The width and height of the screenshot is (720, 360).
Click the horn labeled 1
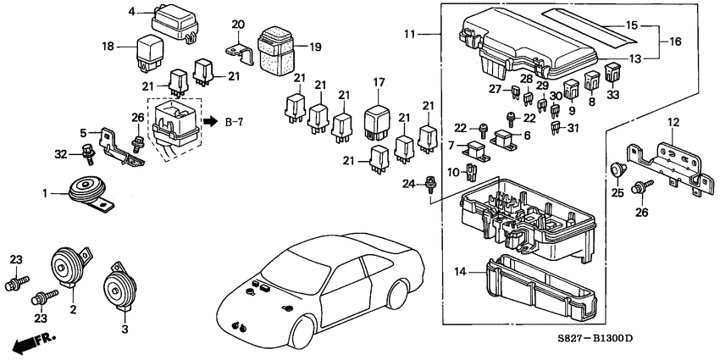coord(86,190)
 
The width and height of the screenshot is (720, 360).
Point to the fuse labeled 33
coord(612,69)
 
